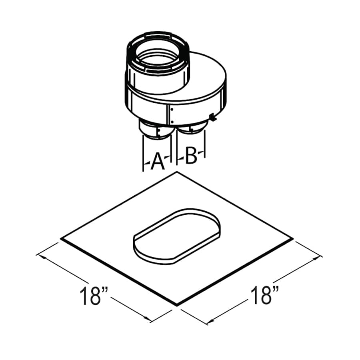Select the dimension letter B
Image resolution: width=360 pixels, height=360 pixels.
pyautogui.click(x=191, y=156)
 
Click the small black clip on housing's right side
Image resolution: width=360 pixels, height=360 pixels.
pyautogui.click(x=212, y=118)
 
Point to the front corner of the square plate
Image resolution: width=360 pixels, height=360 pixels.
pyautogui.click(x=177, y=305)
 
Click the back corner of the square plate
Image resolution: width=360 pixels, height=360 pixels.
pyautogui.click(x=176, y=172)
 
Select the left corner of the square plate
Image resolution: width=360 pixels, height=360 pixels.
pyautogui.click(x=61, y=239)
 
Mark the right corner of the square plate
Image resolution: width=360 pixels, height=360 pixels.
pyautogui.click(x=293, y=239)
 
